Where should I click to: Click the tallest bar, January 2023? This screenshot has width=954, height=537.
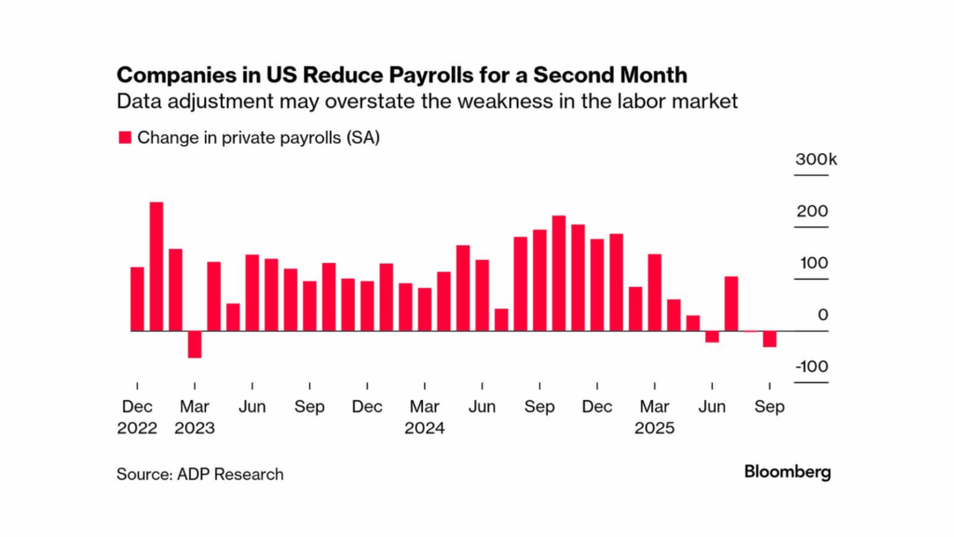pyautogui.click(x=157, y=267)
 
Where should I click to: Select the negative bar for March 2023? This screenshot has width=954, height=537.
pyautogui.click(x=195, y=344)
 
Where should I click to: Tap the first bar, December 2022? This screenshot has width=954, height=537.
pyautogui.click(x=137, y=298)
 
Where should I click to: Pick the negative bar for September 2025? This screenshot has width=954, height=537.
pyautogui.click(x=770, y=339)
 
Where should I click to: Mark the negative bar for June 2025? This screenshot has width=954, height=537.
pyautogui.click(x=712, y=337)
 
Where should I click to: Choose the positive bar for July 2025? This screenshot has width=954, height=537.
pyautogui.click(x=731, y=304)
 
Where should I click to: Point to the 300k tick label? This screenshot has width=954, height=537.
pyautogui.click(x=816, y=160)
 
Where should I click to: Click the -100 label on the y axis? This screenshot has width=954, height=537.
pyautogui.click(x=811, y=366)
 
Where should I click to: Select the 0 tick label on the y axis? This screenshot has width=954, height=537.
pyautogui.click(x=824, y=315)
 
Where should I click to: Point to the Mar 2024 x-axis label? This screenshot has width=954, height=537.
pyautogui.click(x=425, y=418)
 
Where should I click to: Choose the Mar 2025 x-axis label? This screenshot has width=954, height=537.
pyautogui.click(x=655, y=418)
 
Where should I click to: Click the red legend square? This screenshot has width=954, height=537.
pyautogui.click(x=124, y=138)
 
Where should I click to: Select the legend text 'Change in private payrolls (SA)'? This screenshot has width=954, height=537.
pyautogui.click(x=259, y=138)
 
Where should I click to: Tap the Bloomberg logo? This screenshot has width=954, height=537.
pyautogui.click(x=787, y=472)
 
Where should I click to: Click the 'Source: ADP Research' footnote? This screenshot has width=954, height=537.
pyautogui.click(x=200, y=475)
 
